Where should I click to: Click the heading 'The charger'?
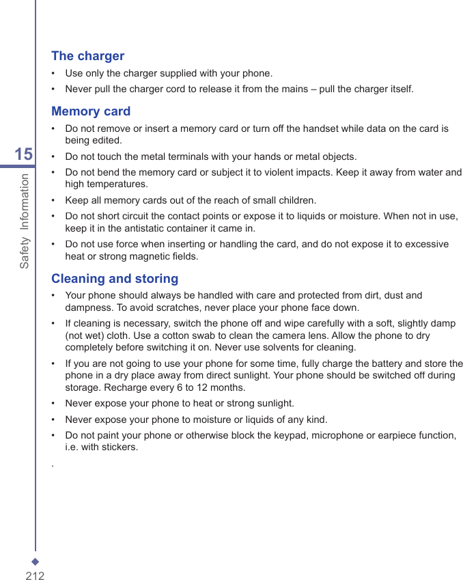tap(88, 56)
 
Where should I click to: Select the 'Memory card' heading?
tap(91, 111)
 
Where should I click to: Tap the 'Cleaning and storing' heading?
tap(115, 279)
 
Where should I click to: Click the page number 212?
tap(35, 576)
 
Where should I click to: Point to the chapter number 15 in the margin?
tap(23, 154)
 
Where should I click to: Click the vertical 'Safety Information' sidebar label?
tap(25, 221)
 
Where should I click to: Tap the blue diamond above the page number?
tap(36, 562)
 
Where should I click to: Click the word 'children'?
tap(295, 200)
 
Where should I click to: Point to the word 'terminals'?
tap(195, 156)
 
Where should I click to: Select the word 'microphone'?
tap(337, 435)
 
